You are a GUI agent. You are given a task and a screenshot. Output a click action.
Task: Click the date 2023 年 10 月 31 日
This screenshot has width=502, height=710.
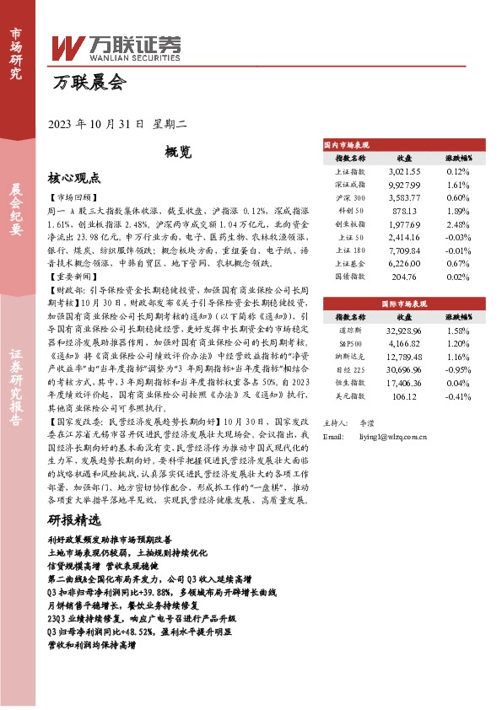click(x=98, y=123)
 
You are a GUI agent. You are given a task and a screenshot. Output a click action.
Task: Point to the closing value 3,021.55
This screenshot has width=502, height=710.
click(x=404, y=170)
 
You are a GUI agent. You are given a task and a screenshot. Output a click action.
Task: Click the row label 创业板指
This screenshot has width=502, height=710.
click(x=351, y=224)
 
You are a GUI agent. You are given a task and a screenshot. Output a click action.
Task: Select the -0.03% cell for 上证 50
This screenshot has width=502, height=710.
click(x=458, y=238)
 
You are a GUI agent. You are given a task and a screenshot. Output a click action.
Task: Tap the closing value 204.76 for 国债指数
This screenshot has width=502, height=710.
click(x=404, y=277)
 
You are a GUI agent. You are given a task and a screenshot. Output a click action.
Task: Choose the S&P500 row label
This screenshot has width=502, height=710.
click(x=351, y=343)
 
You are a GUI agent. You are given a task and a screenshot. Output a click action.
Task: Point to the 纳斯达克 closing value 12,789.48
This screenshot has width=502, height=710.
click(x=404, y=357)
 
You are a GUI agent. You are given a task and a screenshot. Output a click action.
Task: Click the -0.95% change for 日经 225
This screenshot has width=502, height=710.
click(x=458, y=370)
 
